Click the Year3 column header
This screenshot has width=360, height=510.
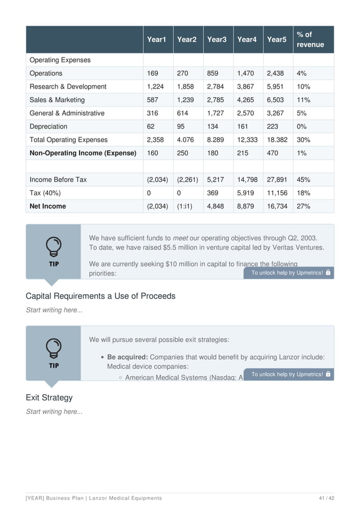pos(217,40)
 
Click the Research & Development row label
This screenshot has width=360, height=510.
pos(68,86)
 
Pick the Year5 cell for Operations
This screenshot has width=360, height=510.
pos(276,73)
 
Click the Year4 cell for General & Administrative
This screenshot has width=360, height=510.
pos(247,113)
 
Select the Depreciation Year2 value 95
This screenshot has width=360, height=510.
pos(182,127)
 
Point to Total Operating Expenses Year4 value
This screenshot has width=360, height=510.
pos(247,140)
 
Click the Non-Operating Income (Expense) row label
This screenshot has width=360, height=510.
pos(83,153)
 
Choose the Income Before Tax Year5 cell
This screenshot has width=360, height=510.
pos(277,180)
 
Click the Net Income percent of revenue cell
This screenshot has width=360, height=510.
pos(304,206)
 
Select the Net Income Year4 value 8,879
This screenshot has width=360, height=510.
pos(245,206)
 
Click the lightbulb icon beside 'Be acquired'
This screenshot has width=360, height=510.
pos(54,347)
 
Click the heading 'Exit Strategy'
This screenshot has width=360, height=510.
pos(49,398)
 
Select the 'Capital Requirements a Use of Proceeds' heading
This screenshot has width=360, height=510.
pos(100,296)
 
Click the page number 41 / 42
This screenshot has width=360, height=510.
pos(326,498)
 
